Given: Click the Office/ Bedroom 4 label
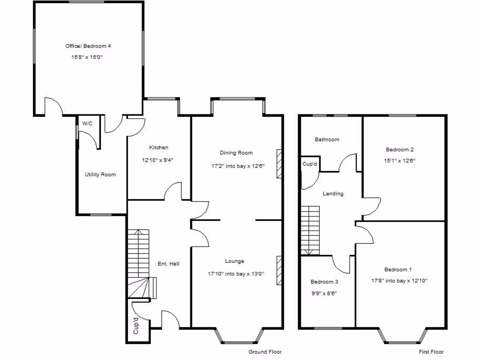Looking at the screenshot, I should pos(88,46).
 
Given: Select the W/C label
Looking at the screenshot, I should pos(87,123).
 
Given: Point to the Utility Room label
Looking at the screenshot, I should pos(100,174).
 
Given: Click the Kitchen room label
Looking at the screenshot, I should pos(158,147).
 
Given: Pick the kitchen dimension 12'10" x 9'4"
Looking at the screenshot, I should pos(158,160).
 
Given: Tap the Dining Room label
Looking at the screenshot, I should pos(236,152).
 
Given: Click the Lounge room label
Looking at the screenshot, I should pos(234,261).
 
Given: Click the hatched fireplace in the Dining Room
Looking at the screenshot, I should pos(279,164).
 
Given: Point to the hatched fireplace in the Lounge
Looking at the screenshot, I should pos(279,270).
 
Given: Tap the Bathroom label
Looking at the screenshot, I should pos(327,139).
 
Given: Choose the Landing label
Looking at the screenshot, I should pos(333,194).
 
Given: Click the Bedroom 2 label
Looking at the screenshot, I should pos(399,150).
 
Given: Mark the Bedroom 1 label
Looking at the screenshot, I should pos(398,270).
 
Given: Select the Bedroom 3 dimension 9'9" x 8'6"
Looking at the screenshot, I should pos(324,293).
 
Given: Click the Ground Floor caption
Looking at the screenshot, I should pos(265,352).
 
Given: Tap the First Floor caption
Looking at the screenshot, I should pos(431,352).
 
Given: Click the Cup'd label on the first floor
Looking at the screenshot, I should pos(310,164).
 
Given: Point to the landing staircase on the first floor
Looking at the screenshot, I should pos(310,230).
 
